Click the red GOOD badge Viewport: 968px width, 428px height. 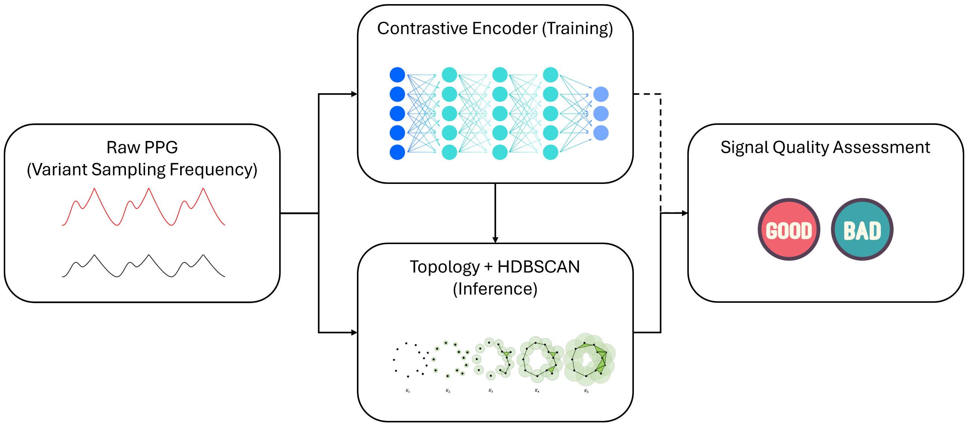click(x=789, y=229)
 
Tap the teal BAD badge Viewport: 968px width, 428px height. click(x=862, y=229)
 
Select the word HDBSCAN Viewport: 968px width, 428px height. click(x=539, y=267)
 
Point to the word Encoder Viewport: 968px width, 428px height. click(x=505, y=28)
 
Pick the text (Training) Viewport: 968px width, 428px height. click(x=577, y=29)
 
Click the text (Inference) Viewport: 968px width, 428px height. click(x=495, y=289)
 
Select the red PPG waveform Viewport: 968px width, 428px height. click(x=144, y=207)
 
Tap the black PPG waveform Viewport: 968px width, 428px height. click(x=144, y=266)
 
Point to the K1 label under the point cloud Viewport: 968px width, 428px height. click(x=408, y=391)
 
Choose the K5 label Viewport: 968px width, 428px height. click(x=586, y=391)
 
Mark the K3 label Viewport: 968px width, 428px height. click(x=491, y=391)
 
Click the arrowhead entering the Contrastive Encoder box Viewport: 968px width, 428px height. click(x=354, y=94)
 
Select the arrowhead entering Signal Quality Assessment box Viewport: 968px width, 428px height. click(x=685, y=213)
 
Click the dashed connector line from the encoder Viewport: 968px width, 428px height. click(x=661, y=150)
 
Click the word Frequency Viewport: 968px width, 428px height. click(x=213, y=170)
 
